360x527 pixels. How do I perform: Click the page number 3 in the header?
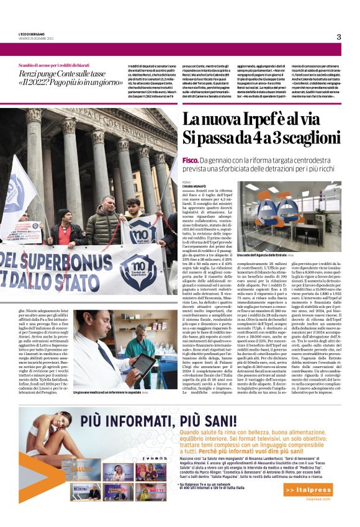339,37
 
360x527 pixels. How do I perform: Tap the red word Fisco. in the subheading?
191,160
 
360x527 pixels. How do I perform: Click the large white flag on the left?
16,199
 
